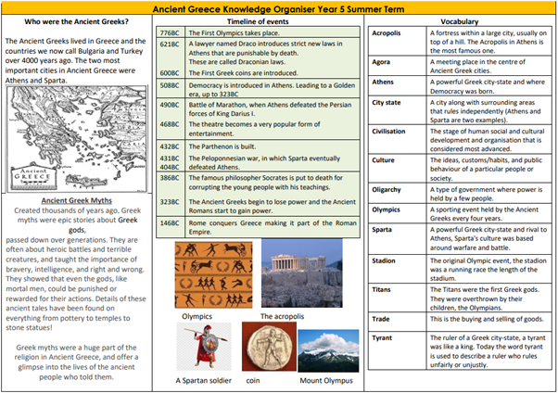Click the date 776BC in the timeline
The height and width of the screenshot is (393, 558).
(x=170, y=32)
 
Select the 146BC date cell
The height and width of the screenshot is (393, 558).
(x=170, y=222)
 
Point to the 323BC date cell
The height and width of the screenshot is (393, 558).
(x=170, y=201)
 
